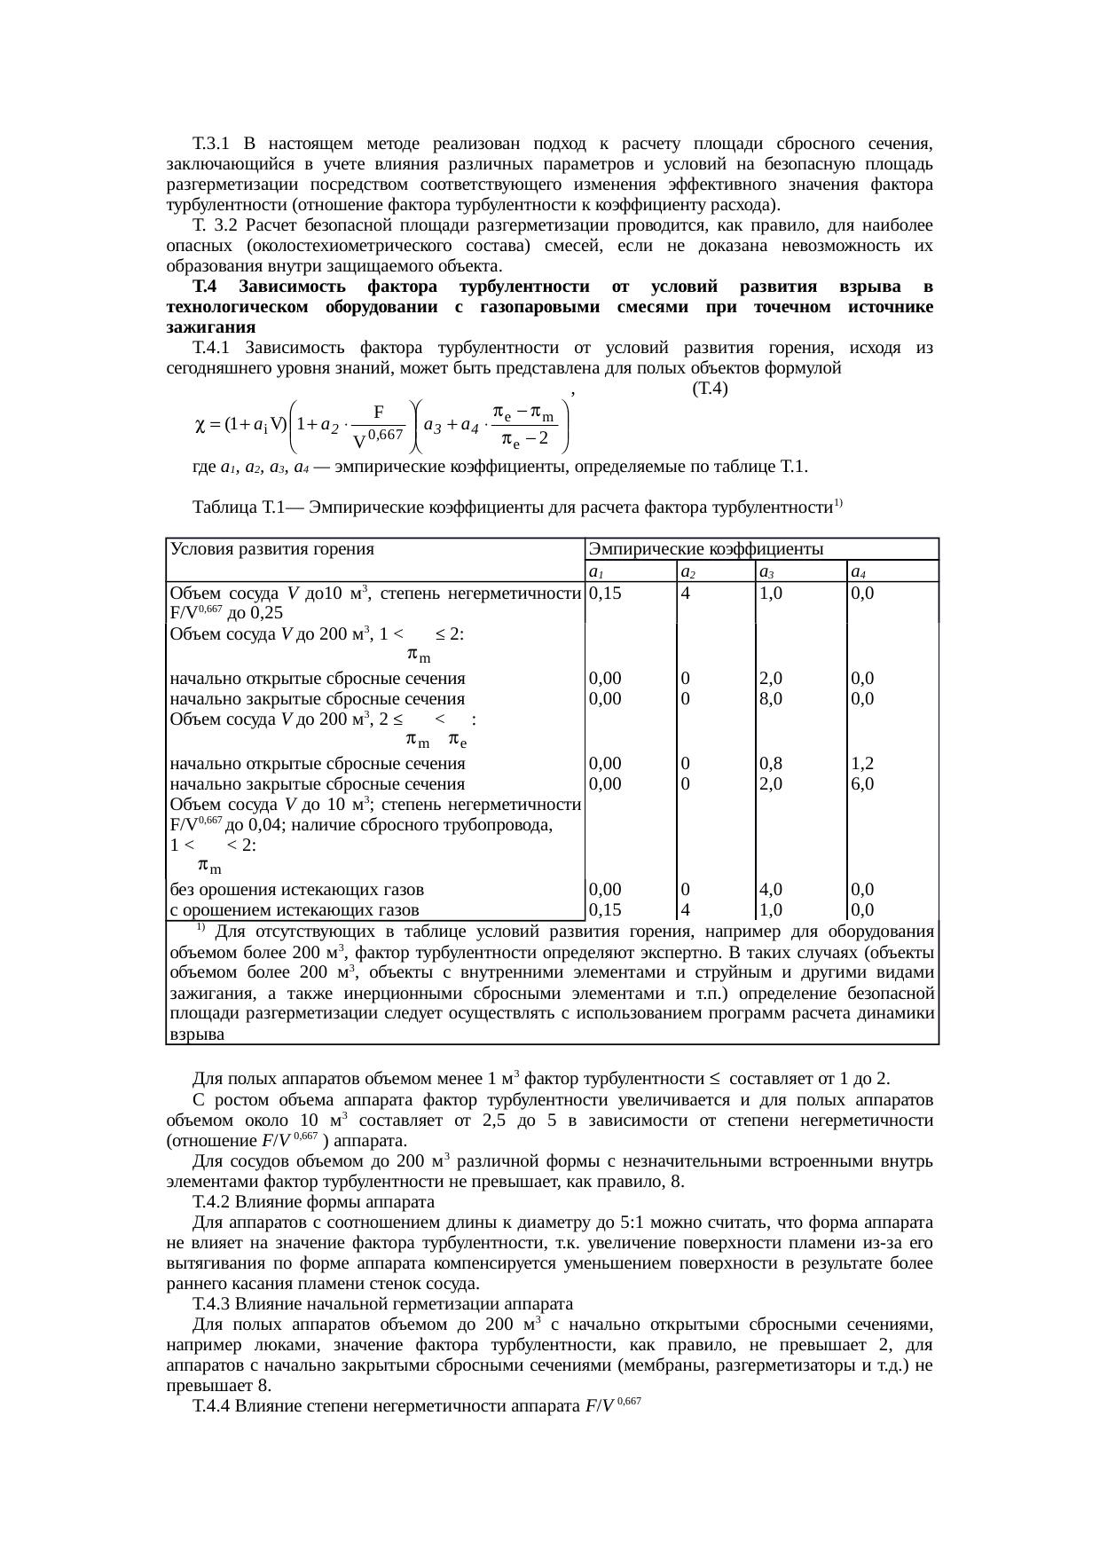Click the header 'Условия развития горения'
(x=271, y=549)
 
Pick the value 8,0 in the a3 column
(x=771, y=698)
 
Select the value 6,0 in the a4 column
(x=862, y=784)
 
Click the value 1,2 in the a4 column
(x=862, y=764)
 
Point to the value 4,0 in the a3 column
(x=771, y=889)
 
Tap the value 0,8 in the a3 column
(x=771, y=764)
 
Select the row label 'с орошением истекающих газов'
(x=294, y=909)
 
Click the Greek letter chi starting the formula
(x=200, y=424)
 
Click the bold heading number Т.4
(x=205, y=287)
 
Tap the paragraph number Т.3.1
(x=211, y=144)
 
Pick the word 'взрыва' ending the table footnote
(x=195, y=1034)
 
